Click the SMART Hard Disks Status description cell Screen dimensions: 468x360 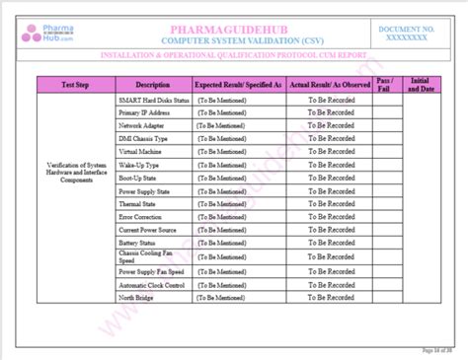(152, 101)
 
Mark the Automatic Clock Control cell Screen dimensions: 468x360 (152, 283)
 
